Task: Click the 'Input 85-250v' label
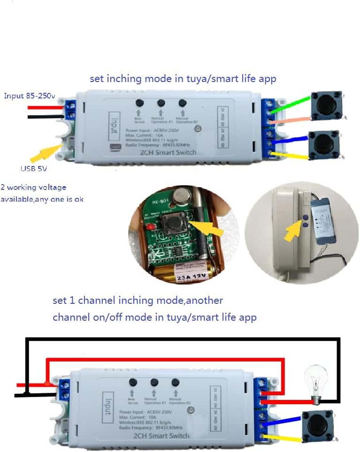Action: click(x=30, y=96)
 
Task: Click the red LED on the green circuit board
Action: click(x=149, y=228)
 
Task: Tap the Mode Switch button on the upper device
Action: click(x=139, y=103)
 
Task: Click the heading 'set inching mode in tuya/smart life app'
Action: click(x=183, y=79)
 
